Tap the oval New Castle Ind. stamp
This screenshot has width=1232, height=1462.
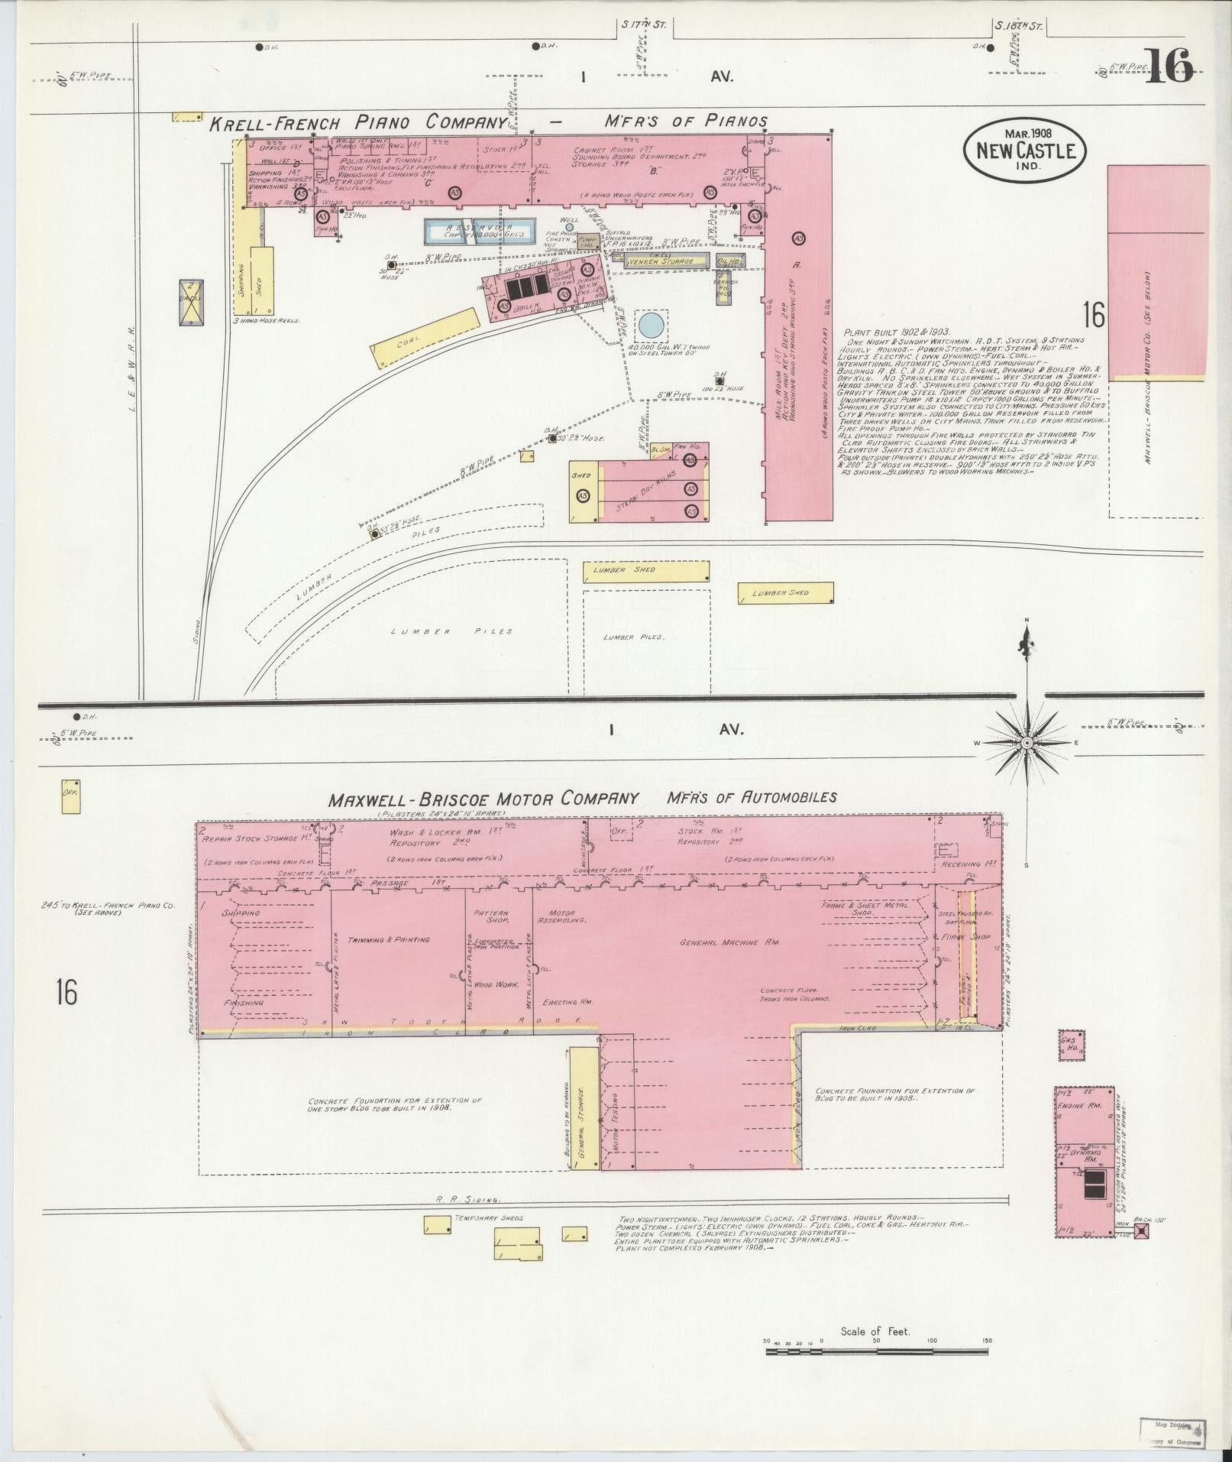click(1024, 151)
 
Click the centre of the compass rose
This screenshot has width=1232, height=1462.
click(1027, 743)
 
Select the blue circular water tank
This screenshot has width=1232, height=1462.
click(650, 324)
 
